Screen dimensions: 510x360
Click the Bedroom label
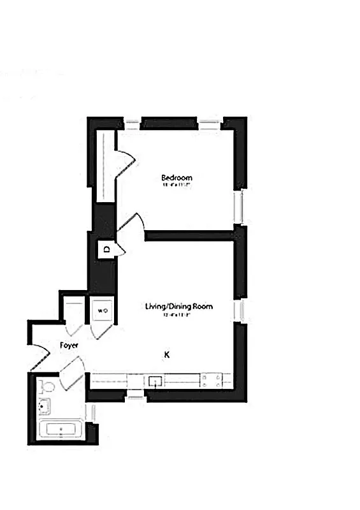click(x=176, y=177)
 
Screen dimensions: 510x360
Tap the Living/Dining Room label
click(x=178, y=307)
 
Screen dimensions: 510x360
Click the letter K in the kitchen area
click(x=167, y=354)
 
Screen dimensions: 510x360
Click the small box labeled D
click(x=106, y=249)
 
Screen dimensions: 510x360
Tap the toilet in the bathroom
click(x=47, y=386)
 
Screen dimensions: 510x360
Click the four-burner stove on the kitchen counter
click(x=212, y=381)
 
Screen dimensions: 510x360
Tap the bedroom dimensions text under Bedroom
click(x=176, y=186)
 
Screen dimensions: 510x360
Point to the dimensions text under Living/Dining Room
click(x=178, y=315)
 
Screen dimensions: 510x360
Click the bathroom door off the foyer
click(x=73, y=373)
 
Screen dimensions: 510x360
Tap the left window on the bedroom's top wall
click(x=133, y=122)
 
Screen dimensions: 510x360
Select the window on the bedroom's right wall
click(x=239, y=207)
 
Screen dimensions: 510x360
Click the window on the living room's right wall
click(x=239, y=310)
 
